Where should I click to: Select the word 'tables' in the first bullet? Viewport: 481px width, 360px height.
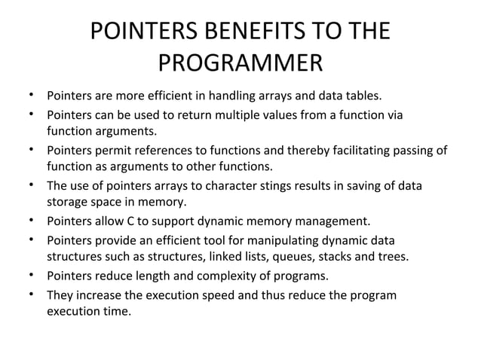(363, 96)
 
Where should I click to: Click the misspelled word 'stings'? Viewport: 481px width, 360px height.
(259, 185)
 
